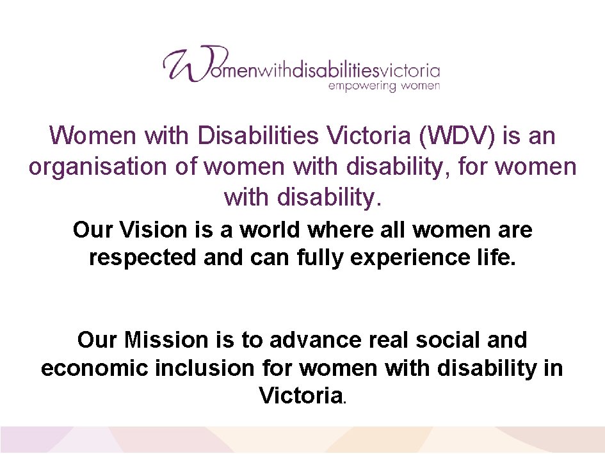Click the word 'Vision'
tap(149, 229)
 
